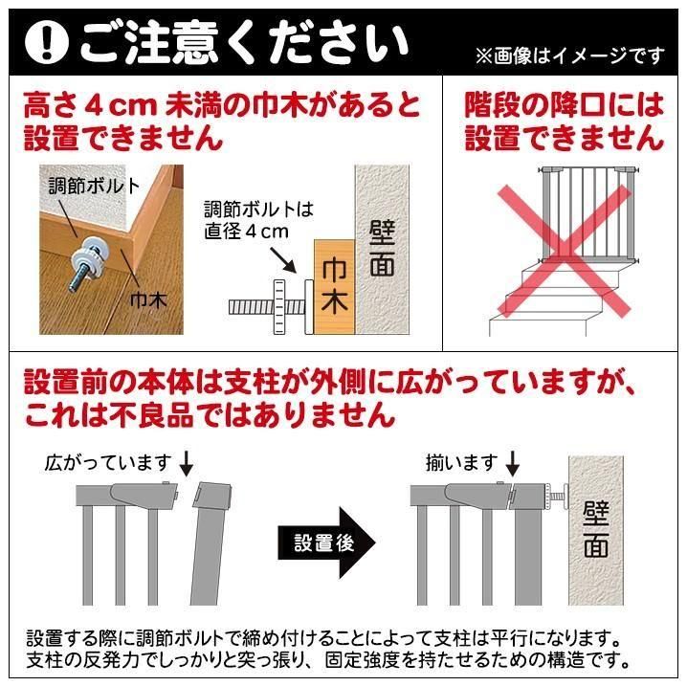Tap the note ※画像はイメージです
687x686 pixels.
pos(570,56)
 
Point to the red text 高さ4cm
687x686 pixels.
pos(90,106)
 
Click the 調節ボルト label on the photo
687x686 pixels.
pos(94,187)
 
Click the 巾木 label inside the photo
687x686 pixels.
pos(148,300)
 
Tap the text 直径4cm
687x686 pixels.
pos(246,232)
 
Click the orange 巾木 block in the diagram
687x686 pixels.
pos(334,287)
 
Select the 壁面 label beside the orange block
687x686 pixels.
pos(382,248)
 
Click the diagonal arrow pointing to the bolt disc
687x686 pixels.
pos(282,260)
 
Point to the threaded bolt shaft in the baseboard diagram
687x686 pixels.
pos(267,306)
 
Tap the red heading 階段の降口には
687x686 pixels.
pos(564,105)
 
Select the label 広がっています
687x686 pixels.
pos(108,462)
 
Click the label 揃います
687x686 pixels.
pos(462,462)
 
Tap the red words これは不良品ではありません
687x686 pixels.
pos(211,415)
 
